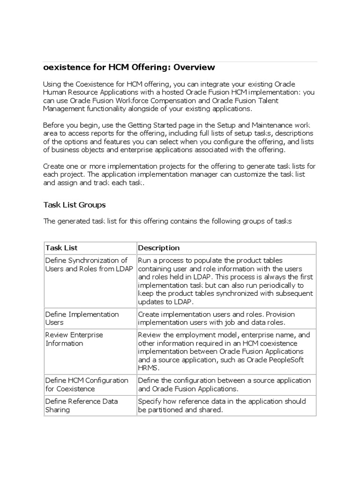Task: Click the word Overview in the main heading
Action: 193,67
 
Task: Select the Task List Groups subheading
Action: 74,204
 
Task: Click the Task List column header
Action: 61,247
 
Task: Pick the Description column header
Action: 158,247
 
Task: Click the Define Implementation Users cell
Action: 82,318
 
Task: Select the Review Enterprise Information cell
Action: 74,339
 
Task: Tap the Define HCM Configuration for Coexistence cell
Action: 86,384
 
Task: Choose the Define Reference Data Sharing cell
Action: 81,405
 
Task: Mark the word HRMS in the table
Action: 147,368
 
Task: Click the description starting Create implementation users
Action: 216,318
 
